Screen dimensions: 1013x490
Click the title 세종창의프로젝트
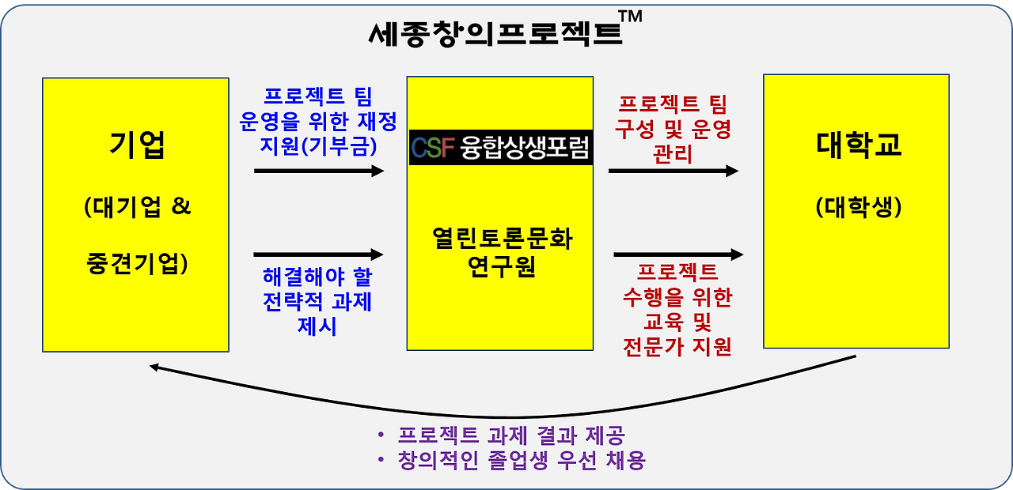pos(495,33)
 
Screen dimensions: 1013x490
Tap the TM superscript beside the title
pos(631,17)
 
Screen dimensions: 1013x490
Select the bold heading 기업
pos(137,145)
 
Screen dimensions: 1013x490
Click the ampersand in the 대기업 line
pos(181,206)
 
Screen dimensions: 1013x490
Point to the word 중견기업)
pos(137,264)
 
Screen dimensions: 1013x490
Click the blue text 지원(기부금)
pos(318,145)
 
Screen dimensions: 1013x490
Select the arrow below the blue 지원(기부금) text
pos(319,171)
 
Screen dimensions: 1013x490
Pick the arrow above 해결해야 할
pos(318,254)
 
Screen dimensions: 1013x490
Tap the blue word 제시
pos(317,326)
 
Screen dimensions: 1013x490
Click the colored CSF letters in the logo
pos(433,148)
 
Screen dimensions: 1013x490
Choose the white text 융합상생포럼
pos(525,147)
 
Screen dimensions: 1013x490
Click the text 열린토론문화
pos(502,239)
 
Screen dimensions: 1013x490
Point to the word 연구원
pos(502,266)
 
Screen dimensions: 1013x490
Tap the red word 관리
pos(673,154)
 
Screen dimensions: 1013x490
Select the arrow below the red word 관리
pos(673,171)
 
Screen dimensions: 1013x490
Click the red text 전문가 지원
pos(677,347)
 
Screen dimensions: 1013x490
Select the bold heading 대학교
pos(859,145)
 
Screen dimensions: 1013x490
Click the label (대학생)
pos(859,207)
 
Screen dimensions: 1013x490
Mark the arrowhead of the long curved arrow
pos(154,367)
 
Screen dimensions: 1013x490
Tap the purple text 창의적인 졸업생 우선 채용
pos(522,461)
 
